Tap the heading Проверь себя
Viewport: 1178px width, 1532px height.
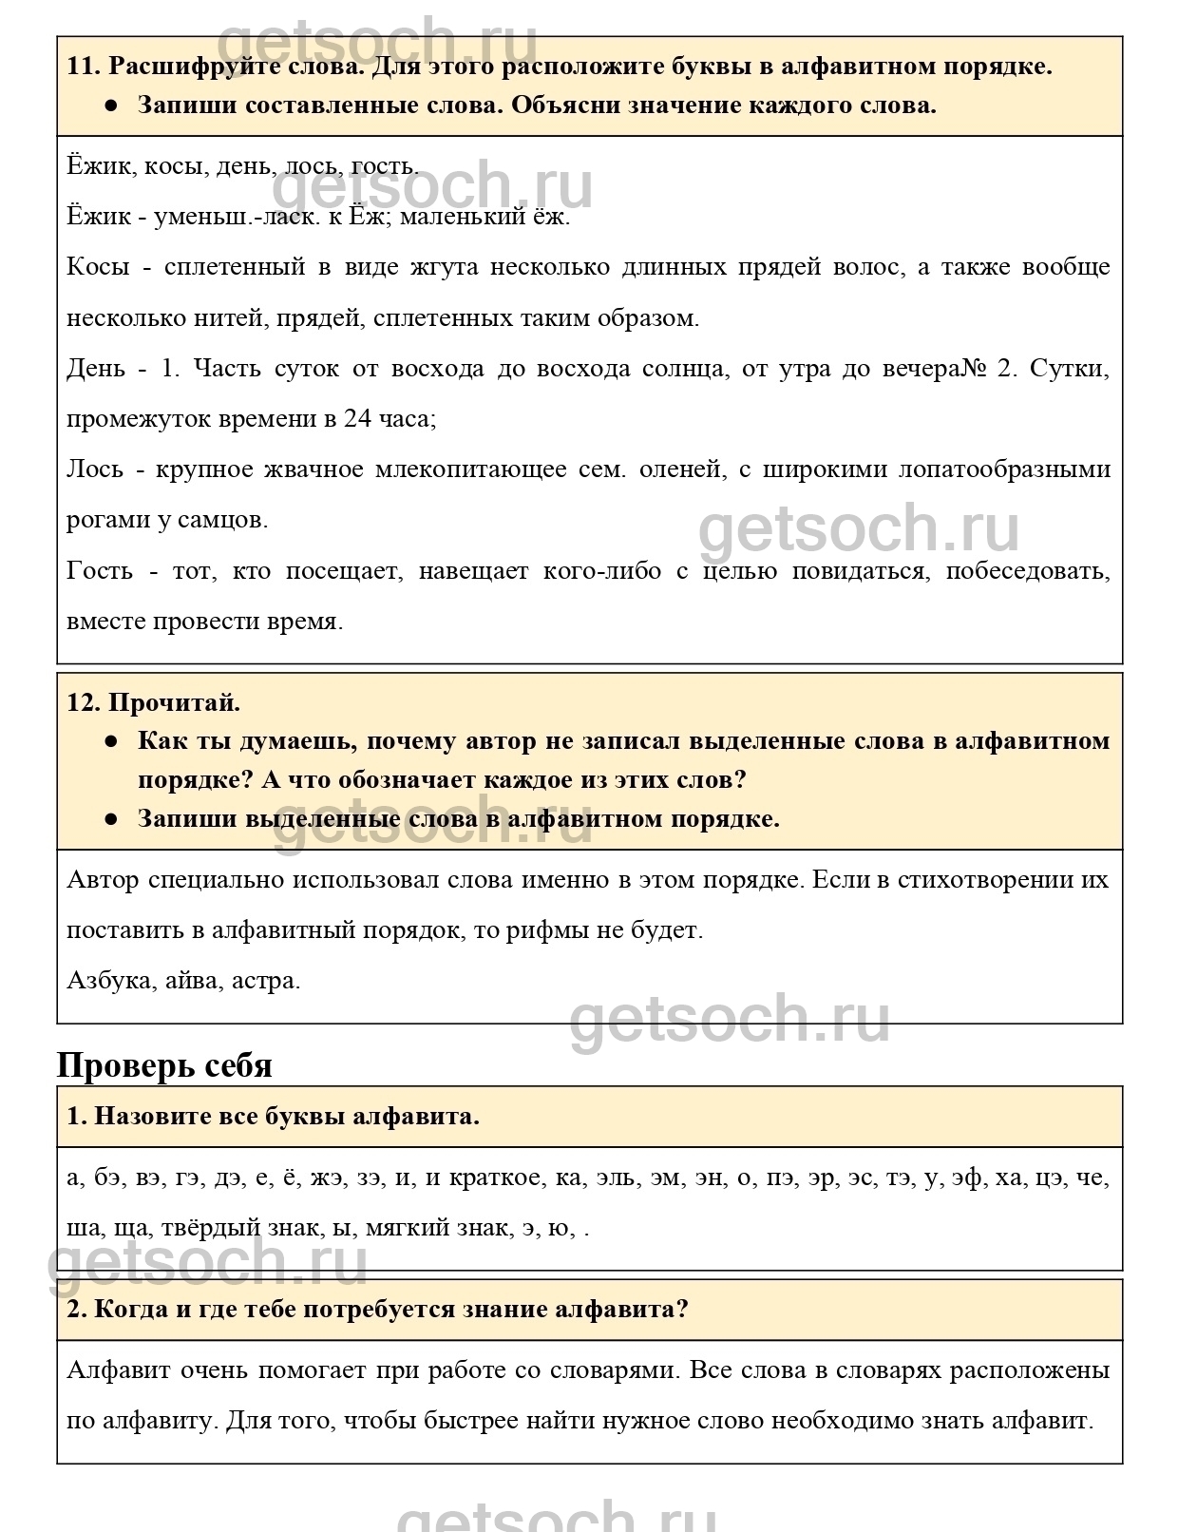pyautogui.click(x=164, y=1064)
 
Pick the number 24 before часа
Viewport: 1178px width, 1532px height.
pyautogui.click(x=358, y=418)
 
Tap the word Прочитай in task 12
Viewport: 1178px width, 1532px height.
pyautogui.click(x=174, y=702)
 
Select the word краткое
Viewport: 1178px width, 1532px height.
pyautogui.click(x=494, y=1178)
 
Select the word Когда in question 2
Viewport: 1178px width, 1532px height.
pyautogui.click(x=132, y=1309)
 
